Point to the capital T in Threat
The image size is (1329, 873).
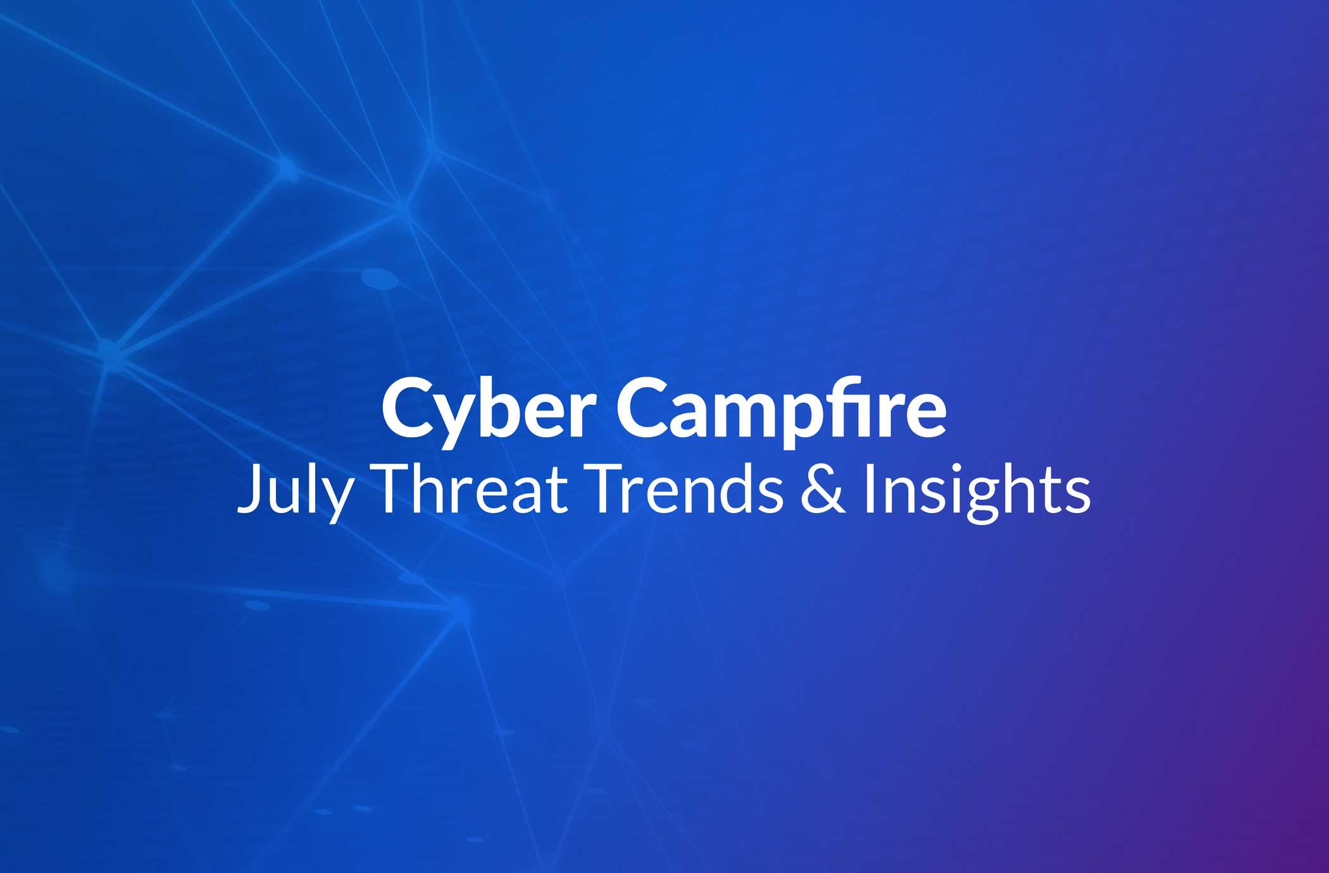tap(393, 488)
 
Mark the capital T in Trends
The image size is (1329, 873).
tap(608, 488)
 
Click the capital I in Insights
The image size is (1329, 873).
tap(870, 488)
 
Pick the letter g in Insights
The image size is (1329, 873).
tap(979, 502)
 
